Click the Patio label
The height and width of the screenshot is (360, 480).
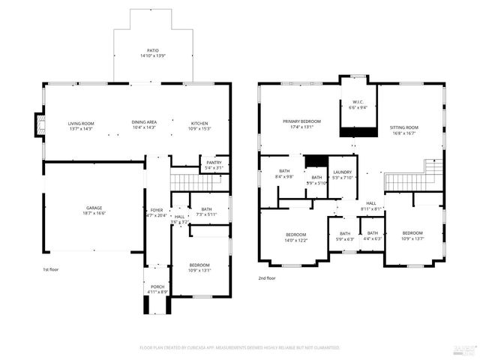pyautogui.click(x=152, y=50)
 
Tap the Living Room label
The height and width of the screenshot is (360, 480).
pyautogui.click(x=80, y=124)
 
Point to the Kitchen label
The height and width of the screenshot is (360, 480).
pyautogui.click(x=199, y=124)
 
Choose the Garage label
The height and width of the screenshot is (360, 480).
pyautogui.click(x=94, y=208)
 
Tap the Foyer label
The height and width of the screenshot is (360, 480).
pyautogui.click(x=157, y=211)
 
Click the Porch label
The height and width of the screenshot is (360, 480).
pyautogui.click(x=157, y=287)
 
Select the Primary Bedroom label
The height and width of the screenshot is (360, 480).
pyautogui.click(x=301, y=121)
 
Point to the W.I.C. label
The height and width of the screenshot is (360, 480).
pyautogui.click(x=358, y=103)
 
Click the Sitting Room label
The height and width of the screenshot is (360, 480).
pyautogui.click(x=403, y=128)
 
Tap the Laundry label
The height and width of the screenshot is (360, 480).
pyautogui.click(x=342, y=172)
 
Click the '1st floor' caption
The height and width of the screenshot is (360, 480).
pyautogui.click(x=51, y=268)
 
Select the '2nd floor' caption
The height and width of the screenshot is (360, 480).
pyautogui.click(x=266, y=277)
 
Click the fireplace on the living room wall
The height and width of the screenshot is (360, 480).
pyautogui.click(x=40, y=125)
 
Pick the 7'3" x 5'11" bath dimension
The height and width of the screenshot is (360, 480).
pyautogui.click(x=206, y=214)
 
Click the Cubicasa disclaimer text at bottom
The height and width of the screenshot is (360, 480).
pyautogui.click(x=240, y=348)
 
